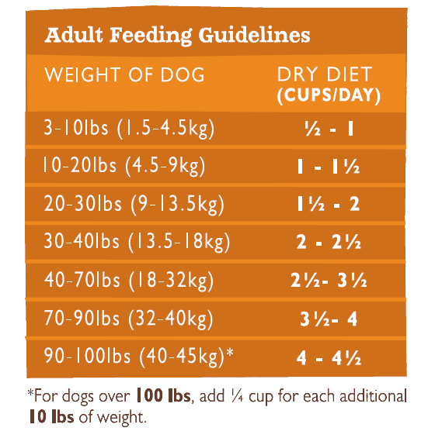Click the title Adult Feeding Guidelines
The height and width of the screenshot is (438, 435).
pos(177,36)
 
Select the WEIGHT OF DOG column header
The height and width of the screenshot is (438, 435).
pos(124,75)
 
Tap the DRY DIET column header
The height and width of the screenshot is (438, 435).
pos(325,74)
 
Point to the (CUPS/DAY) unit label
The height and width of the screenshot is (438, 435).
pos(329,95)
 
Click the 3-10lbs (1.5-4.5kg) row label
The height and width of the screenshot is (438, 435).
pos(129,129)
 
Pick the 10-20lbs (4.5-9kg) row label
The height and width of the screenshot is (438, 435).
pos(124,166)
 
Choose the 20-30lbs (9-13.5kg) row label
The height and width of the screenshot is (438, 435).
pos(134,204)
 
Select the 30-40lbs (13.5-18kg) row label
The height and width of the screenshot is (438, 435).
pos(137,242)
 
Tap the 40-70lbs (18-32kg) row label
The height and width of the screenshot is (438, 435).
pos(129,280)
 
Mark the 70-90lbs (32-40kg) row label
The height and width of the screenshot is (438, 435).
pos(128,318)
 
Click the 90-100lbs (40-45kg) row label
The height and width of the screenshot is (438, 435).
pos(139,357)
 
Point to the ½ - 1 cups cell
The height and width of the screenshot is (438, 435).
pos(329,129)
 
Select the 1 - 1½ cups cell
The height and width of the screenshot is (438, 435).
pos(329,166)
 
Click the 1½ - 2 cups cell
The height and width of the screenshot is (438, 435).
pos(328,204)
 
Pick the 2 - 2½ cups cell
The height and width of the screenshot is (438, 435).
pos(329,242)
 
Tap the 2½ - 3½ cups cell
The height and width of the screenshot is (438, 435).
pos(329,280)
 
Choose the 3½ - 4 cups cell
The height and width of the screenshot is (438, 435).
pos(329,319)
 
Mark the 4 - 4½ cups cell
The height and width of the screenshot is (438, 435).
pos(329,357)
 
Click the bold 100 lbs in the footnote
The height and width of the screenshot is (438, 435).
pos(163,395)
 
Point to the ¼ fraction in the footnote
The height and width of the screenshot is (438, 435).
pos(238,396)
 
